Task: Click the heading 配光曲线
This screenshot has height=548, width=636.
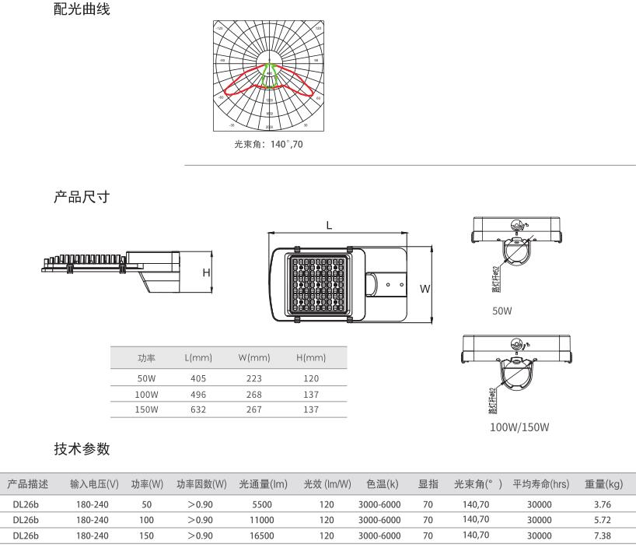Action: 82,10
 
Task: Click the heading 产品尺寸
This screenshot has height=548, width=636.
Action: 82,198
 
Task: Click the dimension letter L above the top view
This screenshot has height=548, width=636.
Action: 330,225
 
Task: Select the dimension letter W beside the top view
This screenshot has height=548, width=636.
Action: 425,289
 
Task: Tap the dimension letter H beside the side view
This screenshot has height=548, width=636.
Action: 206,272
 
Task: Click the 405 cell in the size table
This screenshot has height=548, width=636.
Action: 198,378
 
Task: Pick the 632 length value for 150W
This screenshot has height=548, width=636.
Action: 198,409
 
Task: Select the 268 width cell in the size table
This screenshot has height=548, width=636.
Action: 253,394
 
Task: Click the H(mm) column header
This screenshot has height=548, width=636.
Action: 311,358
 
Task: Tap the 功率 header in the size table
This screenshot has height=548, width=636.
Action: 147,358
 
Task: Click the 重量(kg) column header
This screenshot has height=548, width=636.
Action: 604,484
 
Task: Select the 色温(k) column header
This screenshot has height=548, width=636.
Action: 383,484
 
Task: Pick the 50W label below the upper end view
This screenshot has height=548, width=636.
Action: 501,311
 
